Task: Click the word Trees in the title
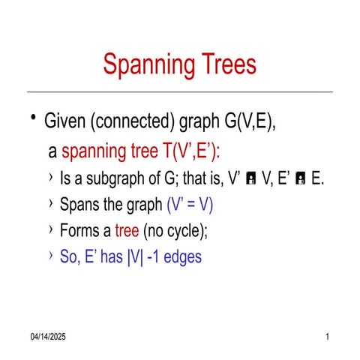point(227,65)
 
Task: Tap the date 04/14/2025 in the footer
point(48,337)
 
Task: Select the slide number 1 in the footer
point(328,337)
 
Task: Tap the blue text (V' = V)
point(194,205)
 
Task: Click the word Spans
point(76,205)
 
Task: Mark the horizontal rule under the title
point(180,92)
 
